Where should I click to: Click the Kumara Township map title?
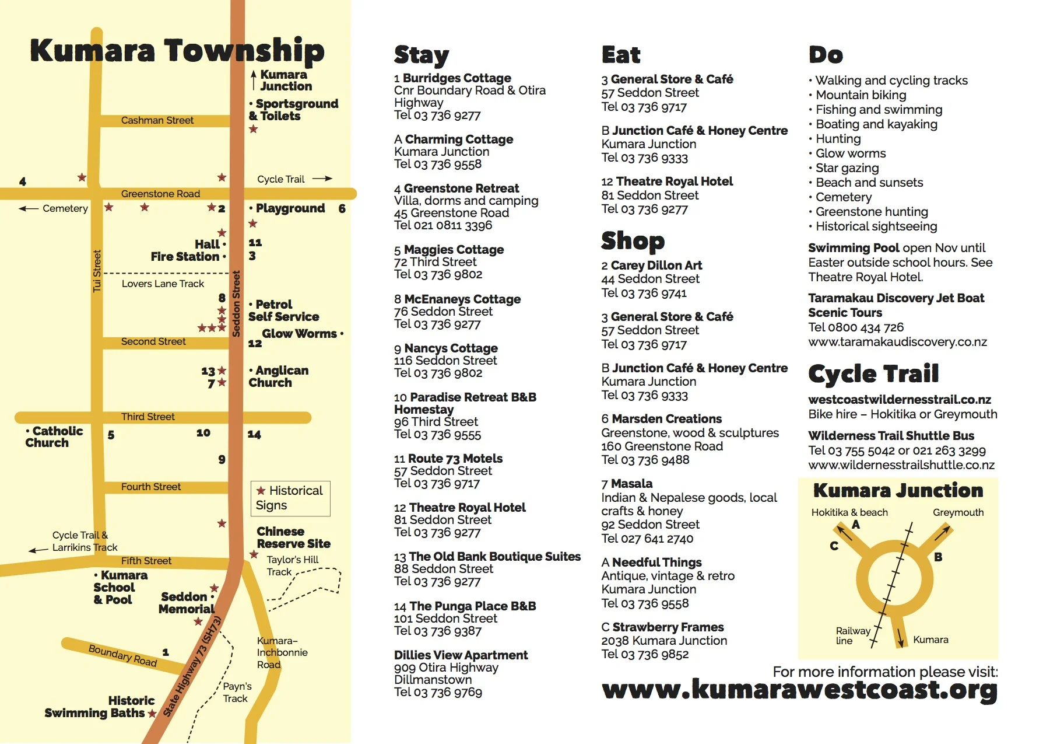click(x=177, y=51)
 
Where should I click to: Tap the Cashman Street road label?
click(x=157, y=120)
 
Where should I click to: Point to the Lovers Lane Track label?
click(x=163, y=284)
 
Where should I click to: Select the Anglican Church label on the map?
click(x=278, y=376)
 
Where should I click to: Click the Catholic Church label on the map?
click(x=54, y=436)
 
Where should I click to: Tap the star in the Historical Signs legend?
click(x=261, y=491)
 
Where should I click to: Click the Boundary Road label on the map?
click(x=122, y=655)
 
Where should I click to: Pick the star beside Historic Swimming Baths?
click(x=152, y=714)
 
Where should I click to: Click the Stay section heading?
click(x=421, y=55)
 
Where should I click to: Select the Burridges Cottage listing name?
click(x=456, y=78)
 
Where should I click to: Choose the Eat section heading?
click(x=620, y=55)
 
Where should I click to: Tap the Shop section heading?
click(x=633, y=240)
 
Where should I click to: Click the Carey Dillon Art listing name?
click(x=656, y=266)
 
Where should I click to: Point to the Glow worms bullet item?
click(x=850, y=153)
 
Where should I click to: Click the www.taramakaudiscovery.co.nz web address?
click(x=897, y=342)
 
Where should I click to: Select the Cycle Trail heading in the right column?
click(x=873, y=373)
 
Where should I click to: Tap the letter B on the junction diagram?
click(x=938, y=557)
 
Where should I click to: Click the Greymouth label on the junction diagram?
click(x=958, y=512)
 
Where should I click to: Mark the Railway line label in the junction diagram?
click(x=852, y=635)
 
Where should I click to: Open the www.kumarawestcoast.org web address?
click(x=799, y=690)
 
